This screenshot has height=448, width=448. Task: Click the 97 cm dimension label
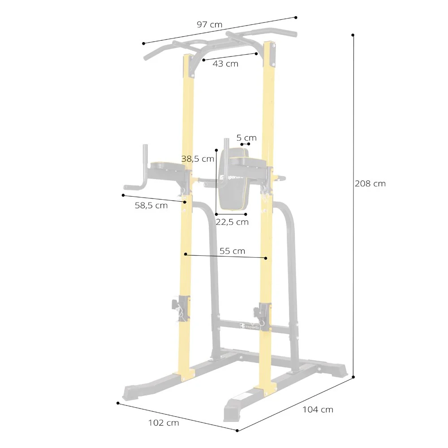[209, 25]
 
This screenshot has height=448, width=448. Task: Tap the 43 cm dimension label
[225, 64]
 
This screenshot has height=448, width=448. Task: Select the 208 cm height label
[370, 183]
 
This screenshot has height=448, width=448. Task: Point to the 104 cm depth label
[318, 410]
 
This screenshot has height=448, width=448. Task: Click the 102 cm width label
[164, 423]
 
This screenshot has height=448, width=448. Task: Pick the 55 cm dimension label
[232, 251]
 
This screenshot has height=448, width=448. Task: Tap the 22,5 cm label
[232, 222]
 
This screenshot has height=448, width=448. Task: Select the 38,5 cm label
[198, 159]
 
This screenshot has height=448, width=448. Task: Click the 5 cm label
[246, 138]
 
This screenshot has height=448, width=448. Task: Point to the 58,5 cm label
[151, 206]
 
